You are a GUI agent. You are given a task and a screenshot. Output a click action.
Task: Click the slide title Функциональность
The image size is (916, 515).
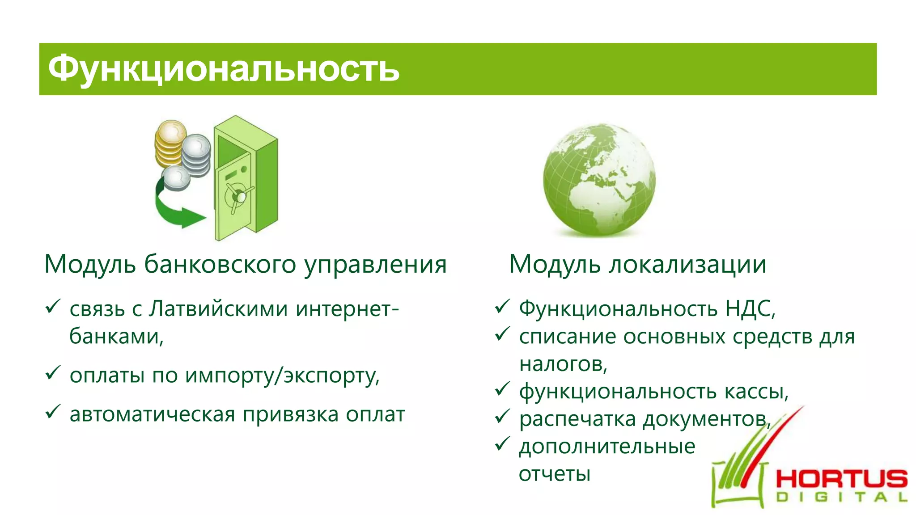(224, 69)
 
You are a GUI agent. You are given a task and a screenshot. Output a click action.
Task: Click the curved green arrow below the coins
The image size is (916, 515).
(174, 210)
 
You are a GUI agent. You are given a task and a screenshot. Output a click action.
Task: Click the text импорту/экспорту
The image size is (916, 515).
(282, 376)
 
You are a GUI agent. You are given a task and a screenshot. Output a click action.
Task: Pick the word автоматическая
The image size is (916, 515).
(152, 414)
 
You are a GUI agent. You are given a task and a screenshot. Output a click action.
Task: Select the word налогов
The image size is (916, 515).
(562, 364)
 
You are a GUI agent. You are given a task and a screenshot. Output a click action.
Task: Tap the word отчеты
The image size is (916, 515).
(555, 474)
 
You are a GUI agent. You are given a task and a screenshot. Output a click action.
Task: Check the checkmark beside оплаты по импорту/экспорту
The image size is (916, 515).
(53, 372)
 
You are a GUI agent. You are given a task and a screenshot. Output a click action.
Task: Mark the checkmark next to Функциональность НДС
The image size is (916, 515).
(502, 306)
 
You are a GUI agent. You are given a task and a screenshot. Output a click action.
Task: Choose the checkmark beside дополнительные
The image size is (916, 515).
(502, 443)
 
